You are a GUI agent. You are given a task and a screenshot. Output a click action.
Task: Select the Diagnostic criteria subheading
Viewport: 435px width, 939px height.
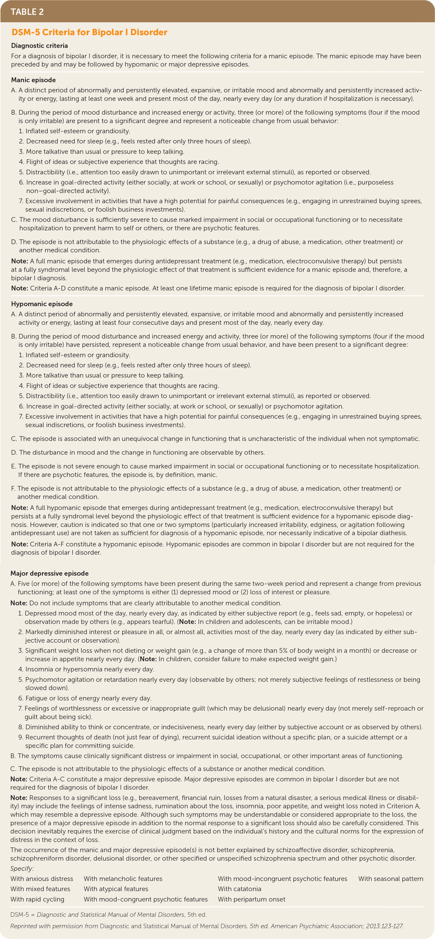click(39, 46)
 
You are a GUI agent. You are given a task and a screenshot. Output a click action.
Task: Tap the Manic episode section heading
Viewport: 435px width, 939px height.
click(33, 80)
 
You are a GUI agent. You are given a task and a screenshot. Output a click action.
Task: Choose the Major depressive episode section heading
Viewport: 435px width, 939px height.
click(50, 573)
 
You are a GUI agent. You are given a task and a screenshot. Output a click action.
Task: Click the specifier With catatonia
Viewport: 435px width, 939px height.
click(240, 889)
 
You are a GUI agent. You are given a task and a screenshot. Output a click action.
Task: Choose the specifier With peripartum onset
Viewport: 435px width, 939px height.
click(252, 899)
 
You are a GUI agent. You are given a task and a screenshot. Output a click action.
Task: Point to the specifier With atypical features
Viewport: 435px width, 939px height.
click(116, 889)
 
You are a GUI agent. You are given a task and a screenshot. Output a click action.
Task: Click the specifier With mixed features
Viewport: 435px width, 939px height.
click(40, 889)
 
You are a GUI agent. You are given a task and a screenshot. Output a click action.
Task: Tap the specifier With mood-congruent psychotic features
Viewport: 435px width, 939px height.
click(145, 899)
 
